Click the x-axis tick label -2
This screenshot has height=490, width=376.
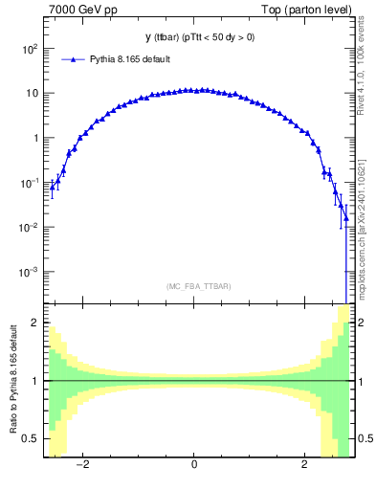[x=83, y=465]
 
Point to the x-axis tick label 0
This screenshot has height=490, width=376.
[x=194, y=465]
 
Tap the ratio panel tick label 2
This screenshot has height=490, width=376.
[x=34, y=323]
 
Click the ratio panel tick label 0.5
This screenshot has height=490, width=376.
[x=31, y=438]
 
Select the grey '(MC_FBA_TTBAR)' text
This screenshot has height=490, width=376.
[x=198, y=286]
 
